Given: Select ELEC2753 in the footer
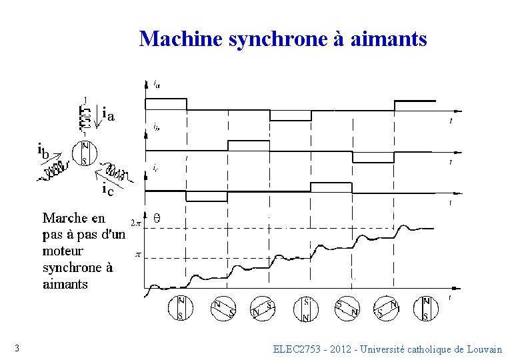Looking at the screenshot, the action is pyautogui.click(x=298, y=349).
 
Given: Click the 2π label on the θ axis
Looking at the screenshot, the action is pyautogui.click(x=135, y=223).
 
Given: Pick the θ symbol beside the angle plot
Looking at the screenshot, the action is pyautogui.click(x=157, y=218).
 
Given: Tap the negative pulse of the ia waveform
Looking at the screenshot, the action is pyautogui.click(x=290, y=116).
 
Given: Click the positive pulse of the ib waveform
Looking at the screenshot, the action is pyautogui.click(x=249, y=145).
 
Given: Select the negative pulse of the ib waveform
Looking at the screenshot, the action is pyautogui.click(x=373, y=157).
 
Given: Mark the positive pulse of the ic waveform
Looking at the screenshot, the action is pyautogui.click(x=331, y=185).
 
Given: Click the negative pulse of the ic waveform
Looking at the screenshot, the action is pyautogui.click(x=207, y=197).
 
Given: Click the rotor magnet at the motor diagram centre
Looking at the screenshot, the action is pyautogui.click(x=85, y=153).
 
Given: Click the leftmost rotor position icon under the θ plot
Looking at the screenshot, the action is pyautogui.click(x=181, y=308).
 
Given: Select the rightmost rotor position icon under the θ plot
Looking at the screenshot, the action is pyautogui.click(x=427, y=308).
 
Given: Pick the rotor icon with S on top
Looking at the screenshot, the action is pyautogui.click(x=306, y=309).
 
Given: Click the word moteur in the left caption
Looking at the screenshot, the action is pyautogui.click(x=63, y=251).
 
